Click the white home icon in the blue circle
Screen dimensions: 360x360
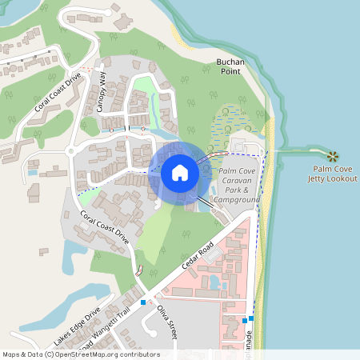click(x=180, y=173)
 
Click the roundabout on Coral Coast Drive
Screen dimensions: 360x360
click(x=71, y=150)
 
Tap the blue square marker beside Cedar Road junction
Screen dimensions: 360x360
click(x=143, y=302)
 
